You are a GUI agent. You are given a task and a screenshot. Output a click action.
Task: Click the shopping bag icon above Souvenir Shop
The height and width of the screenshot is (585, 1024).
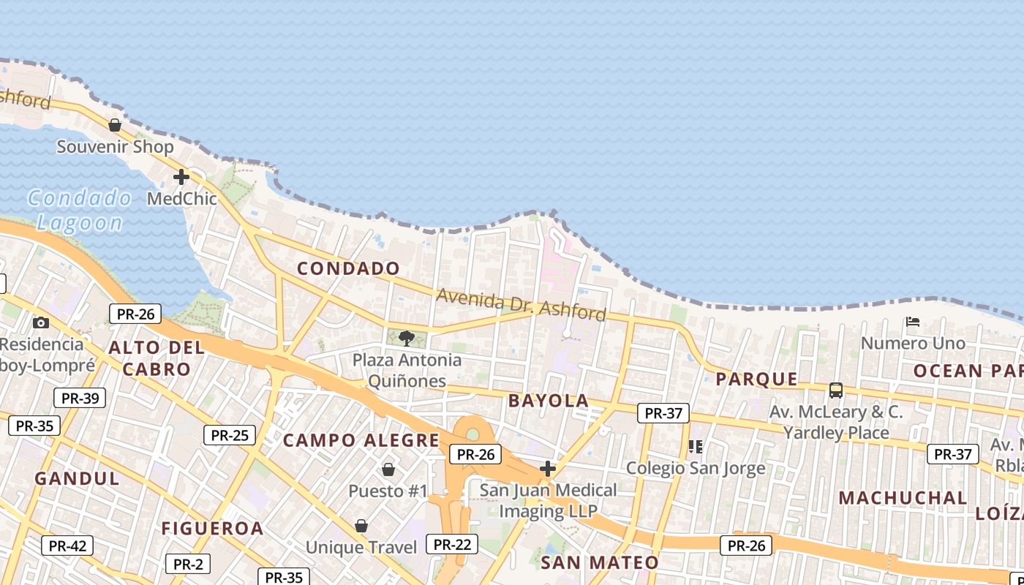115,125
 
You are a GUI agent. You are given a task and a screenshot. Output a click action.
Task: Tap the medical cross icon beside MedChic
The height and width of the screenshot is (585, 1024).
181,177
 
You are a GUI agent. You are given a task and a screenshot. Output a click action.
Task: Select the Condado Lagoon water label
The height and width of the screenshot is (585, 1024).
80,211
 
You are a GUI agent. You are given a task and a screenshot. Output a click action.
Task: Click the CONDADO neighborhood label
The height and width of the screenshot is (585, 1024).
349,268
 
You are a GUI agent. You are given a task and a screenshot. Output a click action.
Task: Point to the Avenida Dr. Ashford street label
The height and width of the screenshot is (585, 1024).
522,305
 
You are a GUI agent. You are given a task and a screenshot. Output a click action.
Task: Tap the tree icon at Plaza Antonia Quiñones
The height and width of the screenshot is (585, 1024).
407,338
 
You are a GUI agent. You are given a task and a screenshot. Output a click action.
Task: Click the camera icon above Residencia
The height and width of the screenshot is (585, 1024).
41,322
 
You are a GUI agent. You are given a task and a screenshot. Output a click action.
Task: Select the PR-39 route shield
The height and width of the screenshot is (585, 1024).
80,398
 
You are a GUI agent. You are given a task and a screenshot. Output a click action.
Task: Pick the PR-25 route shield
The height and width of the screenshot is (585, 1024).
230,435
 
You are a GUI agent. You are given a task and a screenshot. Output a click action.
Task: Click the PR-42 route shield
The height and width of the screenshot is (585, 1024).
67,546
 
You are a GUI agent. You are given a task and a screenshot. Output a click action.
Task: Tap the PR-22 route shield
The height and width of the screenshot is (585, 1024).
452,544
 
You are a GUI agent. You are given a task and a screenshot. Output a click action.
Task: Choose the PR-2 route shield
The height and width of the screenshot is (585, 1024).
188,564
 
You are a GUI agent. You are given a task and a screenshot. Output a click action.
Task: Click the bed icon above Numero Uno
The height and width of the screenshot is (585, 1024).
912,321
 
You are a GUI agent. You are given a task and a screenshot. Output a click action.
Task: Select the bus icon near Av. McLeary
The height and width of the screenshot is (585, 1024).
836,390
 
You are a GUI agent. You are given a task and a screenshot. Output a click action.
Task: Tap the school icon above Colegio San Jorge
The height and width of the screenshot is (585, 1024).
695,446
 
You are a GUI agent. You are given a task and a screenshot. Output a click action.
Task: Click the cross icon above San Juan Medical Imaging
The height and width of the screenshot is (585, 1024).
548,468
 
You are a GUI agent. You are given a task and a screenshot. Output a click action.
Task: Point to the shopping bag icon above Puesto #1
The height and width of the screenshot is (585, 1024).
388,469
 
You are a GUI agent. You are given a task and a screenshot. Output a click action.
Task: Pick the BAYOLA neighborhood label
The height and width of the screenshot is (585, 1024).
549,401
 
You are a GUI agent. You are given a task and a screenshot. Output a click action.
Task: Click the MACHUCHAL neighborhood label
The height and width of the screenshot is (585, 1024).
903,498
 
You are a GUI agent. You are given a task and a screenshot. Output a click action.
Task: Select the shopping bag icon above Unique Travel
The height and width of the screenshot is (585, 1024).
361,525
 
